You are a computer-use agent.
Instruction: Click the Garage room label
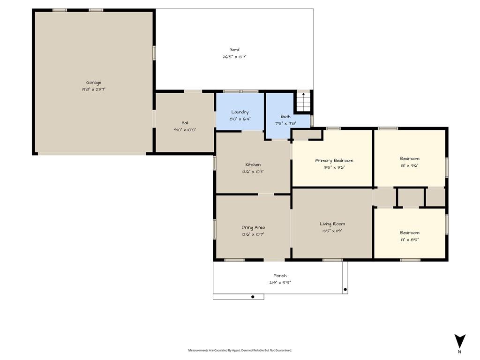click(94, 82)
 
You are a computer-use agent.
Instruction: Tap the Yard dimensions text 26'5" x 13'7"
click(234, 57)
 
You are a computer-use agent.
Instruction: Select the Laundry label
click(240, 112)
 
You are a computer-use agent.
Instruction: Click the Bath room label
click(285, 116)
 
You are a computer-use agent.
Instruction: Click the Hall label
click(185, 123)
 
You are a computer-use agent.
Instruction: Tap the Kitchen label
click(253, 165)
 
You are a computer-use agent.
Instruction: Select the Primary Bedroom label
click(334, 161)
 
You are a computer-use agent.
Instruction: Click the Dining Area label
click(253, 227)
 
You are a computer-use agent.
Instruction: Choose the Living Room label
click(332, 224)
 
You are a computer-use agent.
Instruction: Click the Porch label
click(280, 276)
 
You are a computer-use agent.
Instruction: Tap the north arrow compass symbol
click(460, 341)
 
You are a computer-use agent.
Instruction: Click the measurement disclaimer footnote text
click(240, 350)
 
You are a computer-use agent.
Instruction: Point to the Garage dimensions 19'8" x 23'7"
click(94, 90)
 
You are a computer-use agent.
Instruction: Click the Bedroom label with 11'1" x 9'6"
click(410, 158)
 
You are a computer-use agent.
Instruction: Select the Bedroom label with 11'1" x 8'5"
click(410, 232)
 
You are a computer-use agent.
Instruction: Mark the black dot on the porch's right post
click(345, 290)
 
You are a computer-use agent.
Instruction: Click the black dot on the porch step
click(253, 297)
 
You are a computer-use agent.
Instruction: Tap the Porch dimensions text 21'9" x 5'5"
click(280, 283)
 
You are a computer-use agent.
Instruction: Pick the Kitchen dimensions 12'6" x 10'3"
click(253, 172)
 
